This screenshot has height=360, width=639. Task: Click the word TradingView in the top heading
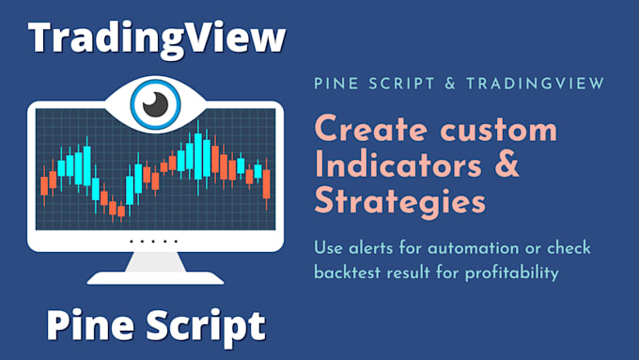click(x=156, y=39)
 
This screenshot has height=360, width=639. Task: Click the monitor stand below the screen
click(x=154, y=268)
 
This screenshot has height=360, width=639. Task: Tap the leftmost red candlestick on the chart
click(x=44, y=185)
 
